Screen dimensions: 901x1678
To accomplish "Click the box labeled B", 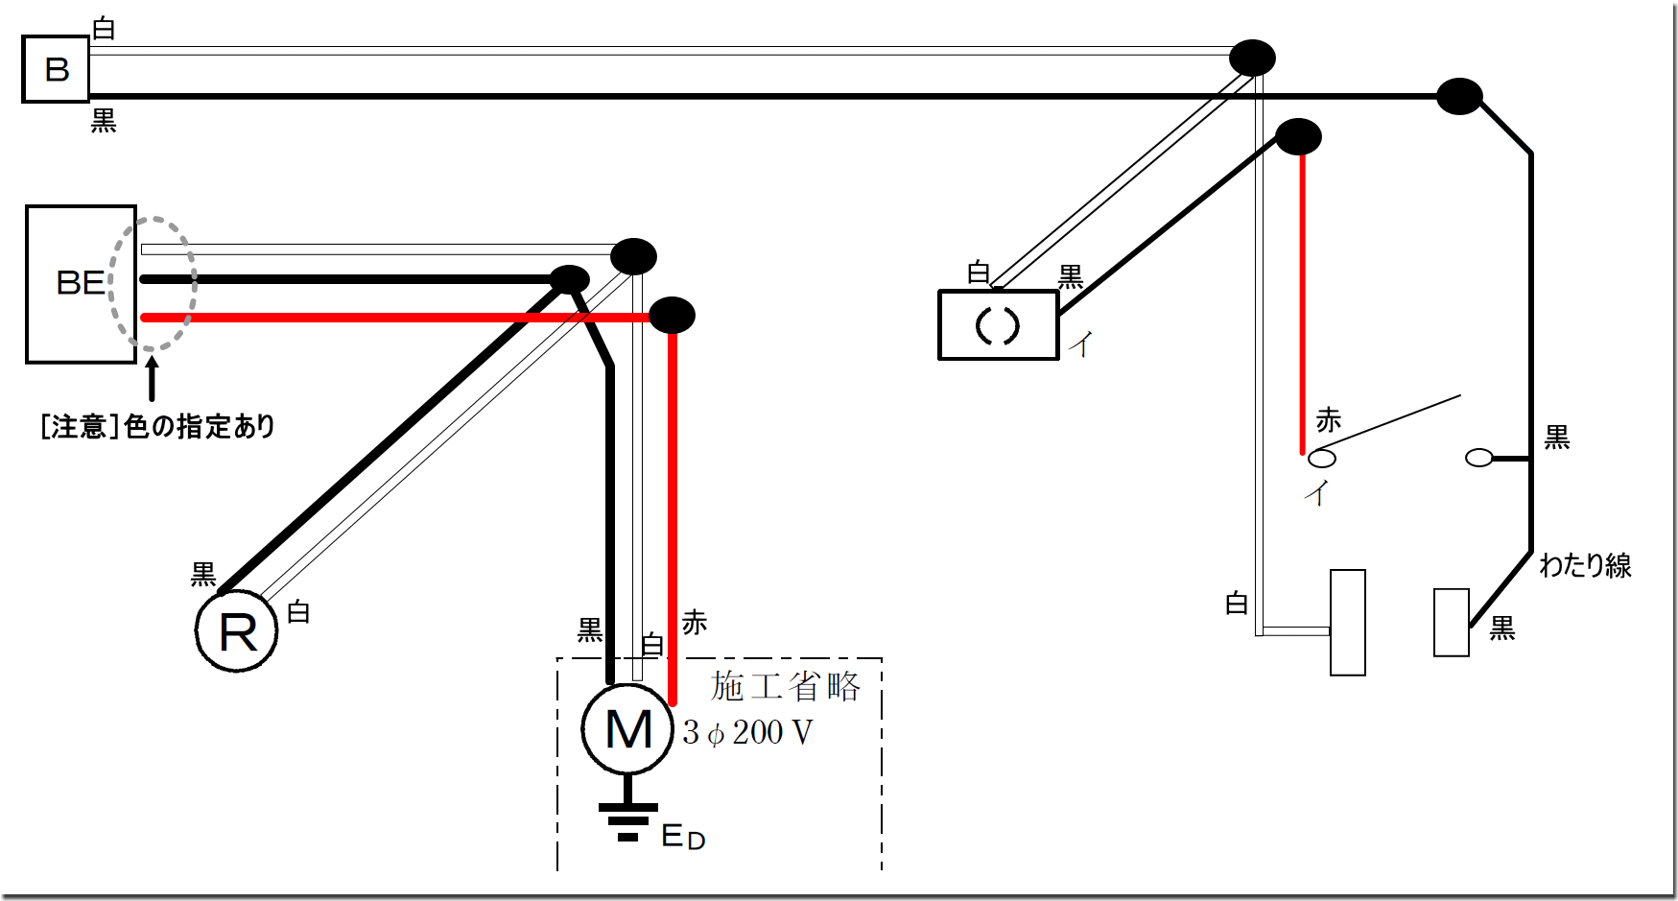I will [56, 69].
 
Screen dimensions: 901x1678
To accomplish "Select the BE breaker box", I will [81, 284].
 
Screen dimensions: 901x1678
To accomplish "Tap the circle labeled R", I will [237, 631].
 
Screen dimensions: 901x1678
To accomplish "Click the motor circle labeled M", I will [628, 729].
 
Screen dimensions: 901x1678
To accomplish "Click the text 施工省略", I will [786, 686].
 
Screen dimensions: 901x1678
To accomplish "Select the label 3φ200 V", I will [748, 733].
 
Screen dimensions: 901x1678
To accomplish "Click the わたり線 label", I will [1585, 565].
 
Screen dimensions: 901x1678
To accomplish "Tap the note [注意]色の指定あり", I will [158, 426].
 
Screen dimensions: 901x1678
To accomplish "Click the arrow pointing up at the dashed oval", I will [152, 378].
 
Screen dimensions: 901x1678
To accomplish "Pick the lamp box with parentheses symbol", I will [998, 326].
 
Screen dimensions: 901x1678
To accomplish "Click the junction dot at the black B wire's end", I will [1459, 96].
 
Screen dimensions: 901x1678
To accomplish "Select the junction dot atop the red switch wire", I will [1299, 137].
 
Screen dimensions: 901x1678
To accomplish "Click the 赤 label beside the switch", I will [1329, 420].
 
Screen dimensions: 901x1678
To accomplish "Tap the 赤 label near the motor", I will [695, 623].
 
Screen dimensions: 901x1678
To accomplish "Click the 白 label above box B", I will [104, 29].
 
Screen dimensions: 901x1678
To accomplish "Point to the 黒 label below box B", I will [104, 121].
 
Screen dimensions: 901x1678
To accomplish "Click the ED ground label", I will [683, 838].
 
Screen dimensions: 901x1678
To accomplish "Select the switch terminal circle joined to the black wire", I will [1479, 459].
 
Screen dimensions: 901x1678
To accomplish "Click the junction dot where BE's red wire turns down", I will [672, 315].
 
